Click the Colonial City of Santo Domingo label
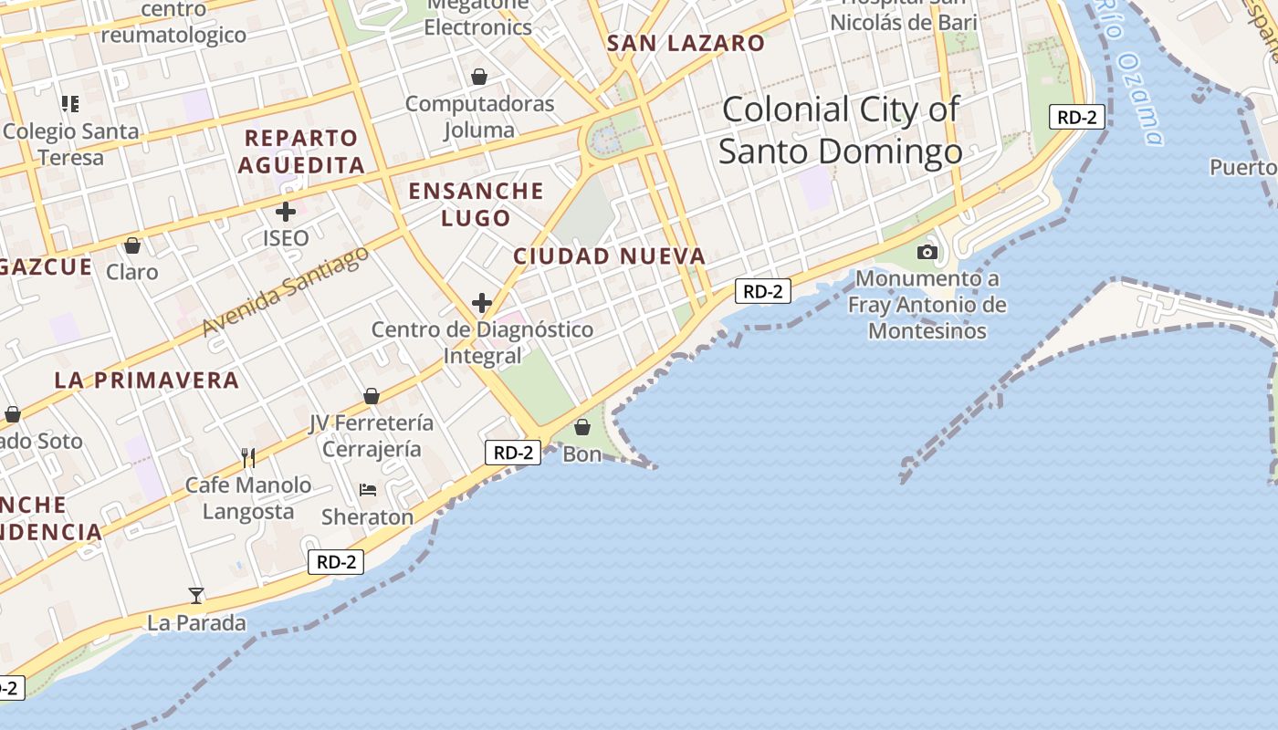point(840,130)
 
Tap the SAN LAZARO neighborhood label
point(686,43)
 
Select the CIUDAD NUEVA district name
point(610,256)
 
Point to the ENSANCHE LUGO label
point(476,204)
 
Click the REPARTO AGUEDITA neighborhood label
point(301,151)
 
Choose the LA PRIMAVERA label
point(147,380)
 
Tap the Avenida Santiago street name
point(286,289)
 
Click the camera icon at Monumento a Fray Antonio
point(927,252)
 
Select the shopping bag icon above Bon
point(582,426)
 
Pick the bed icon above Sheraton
point(368,490)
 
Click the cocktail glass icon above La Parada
point(196,596)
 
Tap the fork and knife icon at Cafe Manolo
point(247,457)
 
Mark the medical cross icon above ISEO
point(286,212)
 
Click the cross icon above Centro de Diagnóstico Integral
point(482,303)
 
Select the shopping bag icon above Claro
point(132,245)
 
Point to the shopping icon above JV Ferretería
point(372,396)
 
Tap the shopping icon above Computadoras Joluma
point(479,77)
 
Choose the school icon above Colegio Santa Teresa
point(70,104)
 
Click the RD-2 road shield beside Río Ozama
point(1077,117)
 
